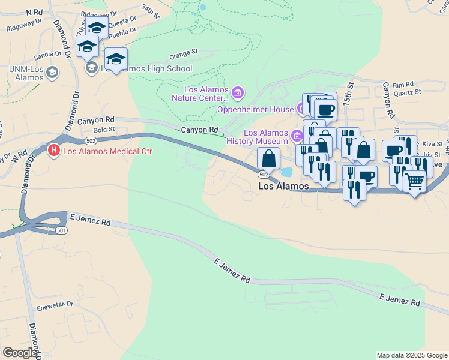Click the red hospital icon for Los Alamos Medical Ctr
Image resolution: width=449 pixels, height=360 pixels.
coord(54,151)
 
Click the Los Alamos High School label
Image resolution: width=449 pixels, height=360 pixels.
coord(146,68)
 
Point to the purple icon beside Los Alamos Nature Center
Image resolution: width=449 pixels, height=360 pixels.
coord(238,93)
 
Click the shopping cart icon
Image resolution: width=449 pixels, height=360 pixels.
coord(415,181)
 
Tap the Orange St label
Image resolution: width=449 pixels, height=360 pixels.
coord(184,53)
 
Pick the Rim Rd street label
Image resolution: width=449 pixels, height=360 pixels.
coord(403,85)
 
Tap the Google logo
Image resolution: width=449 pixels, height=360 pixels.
coord(20,353)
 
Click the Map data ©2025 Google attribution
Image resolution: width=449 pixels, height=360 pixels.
coord(411,355)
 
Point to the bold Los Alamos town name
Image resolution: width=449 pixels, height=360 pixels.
coord(283,187)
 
